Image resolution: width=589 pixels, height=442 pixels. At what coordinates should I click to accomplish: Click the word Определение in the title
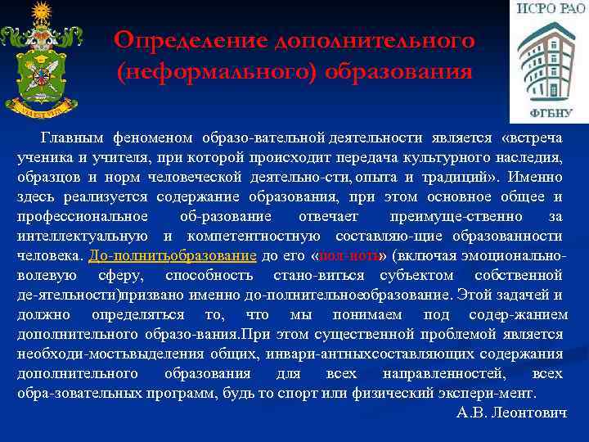pyautogui.click(x=194, y=40)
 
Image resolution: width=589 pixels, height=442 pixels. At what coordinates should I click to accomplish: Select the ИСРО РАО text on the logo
pyautogui.click(x=548, y=10)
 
